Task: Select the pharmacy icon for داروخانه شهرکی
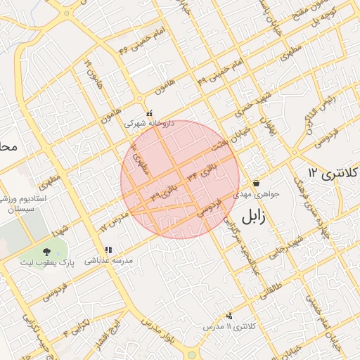click(x=149, y=112)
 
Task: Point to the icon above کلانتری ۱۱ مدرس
click(x=229, y=316)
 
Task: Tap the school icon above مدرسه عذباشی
click(x=108, y=249)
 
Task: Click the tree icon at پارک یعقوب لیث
click(x=46, y=251)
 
